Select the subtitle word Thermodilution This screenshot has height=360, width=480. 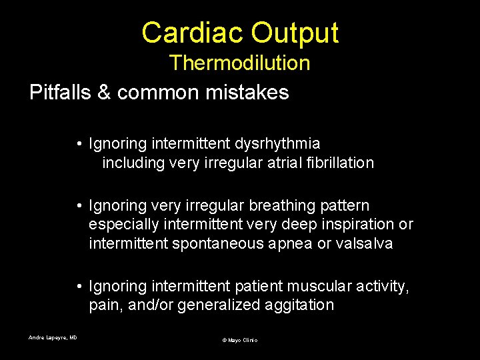click(x=239, y=63)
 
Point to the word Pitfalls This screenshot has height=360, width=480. click(x=60, y=92)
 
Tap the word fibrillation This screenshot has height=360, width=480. click(x=341, y=163)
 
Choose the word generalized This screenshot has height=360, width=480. click(x=221, y=305)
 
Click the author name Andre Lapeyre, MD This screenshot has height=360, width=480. click(x=53, y=337)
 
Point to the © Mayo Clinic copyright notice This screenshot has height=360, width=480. click(x=239, y=340)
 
